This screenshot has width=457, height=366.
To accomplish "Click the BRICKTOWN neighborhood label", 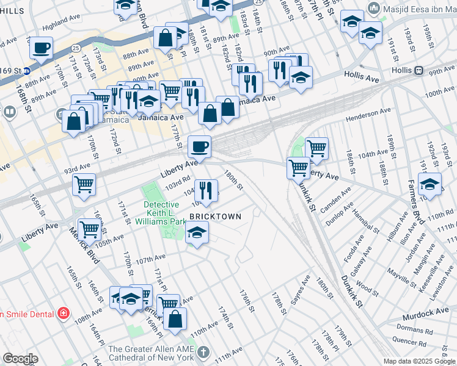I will coord(215,217).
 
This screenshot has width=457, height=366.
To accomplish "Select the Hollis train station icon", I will coord(419,70).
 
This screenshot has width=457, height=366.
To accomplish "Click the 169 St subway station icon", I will coord(27,71).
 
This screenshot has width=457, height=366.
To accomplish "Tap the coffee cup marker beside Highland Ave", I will coord(42,47).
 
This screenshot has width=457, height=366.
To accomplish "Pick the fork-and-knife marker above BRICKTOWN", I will coord(206,189).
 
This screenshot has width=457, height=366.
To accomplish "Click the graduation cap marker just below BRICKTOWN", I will coord(197,233).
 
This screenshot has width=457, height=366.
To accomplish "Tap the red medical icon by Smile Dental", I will coord(62,314).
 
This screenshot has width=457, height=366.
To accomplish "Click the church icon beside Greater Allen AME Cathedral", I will coord(203,352).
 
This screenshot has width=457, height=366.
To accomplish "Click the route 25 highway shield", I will coord(75,46).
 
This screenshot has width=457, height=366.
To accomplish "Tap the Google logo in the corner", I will coord(20,359).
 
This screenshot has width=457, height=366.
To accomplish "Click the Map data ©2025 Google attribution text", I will coord(419,361).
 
